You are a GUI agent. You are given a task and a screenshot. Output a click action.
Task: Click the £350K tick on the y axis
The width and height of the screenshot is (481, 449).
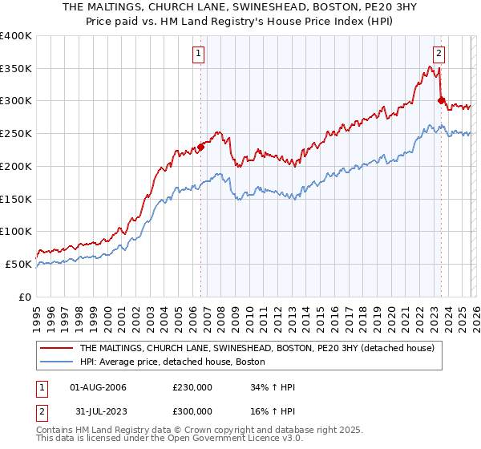click(16, 69)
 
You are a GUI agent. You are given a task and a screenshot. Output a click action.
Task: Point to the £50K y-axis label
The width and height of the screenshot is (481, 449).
click(18, 264)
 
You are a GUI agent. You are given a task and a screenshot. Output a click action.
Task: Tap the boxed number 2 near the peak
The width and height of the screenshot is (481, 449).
click(439, 55)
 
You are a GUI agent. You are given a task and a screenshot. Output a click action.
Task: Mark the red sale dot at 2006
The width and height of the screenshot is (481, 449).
click(201, 147)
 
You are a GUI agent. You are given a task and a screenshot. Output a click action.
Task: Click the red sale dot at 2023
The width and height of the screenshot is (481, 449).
click(441, 100)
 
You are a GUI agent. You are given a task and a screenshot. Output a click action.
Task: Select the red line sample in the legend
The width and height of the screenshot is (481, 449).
click(57, 348)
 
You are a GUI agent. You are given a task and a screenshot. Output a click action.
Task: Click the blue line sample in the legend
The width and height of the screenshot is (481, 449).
click(57, 362)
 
